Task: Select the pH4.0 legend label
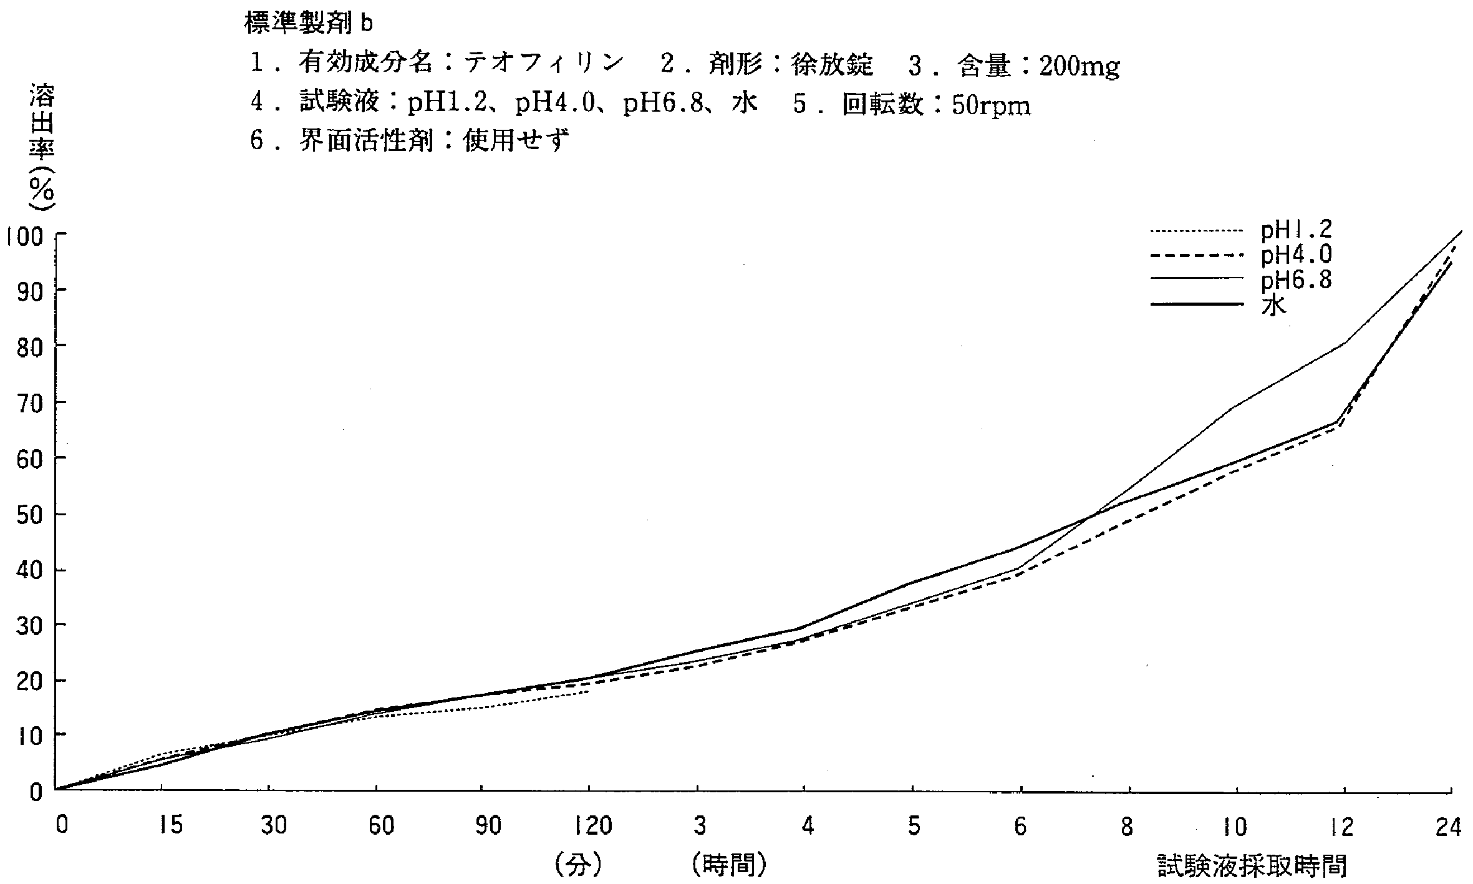[x=1296, y=255]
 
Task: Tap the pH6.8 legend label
[x=1296, y=281]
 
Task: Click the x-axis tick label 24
[x=1448, y=827]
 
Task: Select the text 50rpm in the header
[x=991, y=105]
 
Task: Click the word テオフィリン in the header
[x=543, y=62]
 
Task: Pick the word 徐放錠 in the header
[x=832, y=64]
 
